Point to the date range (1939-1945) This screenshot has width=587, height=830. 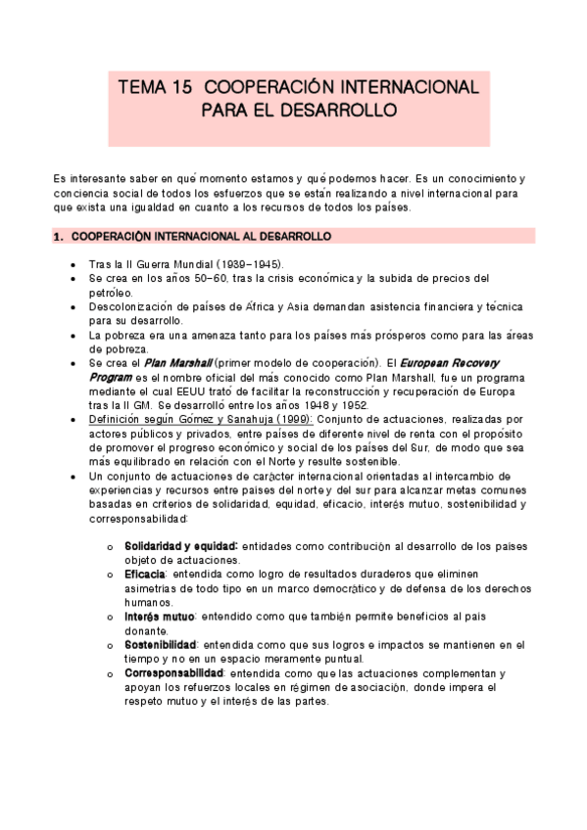pyautogui.click(x=248, y=264)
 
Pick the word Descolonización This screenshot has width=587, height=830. pyautogui.click(x=129, y=306)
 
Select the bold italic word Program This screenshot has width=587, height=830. pyautogui.click(x=111, y=376)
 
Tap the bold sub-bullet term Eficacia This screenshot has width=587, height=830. pyautogui.click(x=144, y=574)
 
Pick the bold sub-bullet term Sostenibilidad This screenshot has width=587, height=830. pyautogui.click(x=162, y=645)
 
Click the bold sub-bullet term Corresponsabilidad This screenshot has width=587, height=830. pyautogui.click(x=173, y=673)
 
